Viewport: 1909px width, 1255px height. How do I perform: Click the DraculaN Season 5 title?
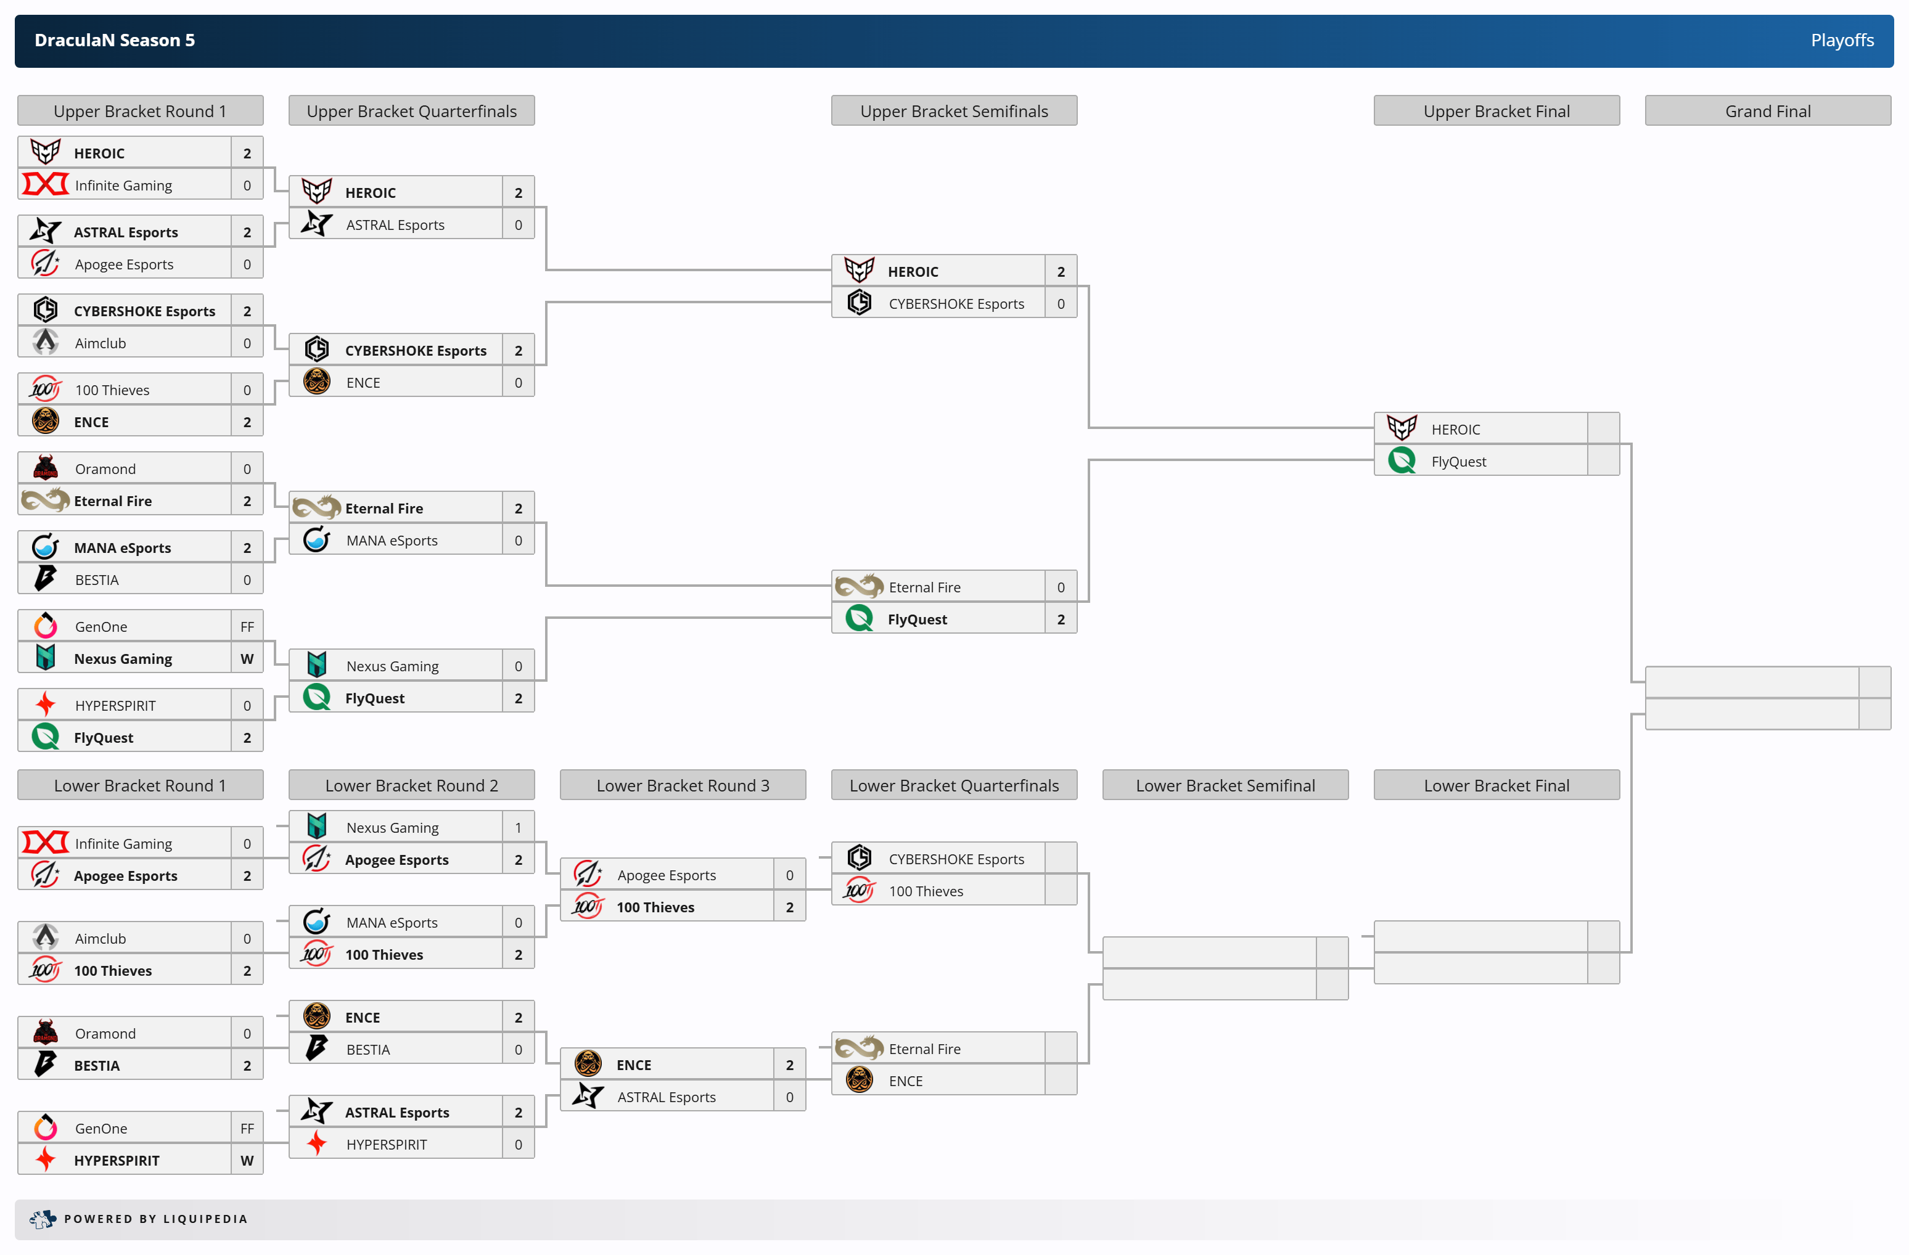point(115,40)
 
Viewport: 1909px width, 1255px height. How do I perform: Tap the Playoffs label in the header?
point(1842,40)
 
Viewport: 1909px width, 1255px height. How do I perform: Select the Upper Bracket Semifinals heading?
point(954,112)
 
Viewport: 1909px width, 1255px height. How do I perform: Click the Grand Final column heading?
point(1767,112)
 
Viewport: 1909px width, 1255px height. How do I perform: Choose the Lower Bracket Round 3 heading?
point(683,786)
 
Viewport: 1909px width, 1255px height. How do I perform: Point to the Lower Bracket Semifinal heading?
point(1225,786)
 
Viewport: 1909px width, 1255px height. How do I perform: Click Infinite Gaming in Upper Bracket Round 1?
point(123,186)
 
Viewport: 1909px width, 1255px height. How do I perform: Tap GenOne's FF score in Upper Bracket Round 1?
point(247,626)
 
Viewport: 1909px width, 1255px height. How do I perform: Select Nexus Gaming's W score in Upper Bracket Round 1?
point(247,658)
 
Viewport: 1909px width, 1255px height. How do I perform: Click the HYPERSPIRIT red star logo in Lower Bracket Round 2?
point(317,1143)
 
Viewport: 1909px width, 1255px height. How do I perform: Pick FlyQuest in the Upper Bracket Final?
point(1458,461)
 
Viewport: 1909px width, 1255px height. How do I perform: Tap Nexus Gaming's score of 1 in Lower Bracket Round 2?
point(518,828)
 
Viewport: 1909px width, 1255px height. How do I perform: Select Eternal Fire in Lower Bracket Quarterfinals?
point(924,1049)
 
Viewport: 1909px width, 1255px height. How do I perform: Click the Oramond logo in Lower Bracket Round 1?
point(46,1032)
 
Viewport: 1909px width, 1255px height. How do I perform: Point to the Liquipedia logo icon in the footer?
point(43,1219)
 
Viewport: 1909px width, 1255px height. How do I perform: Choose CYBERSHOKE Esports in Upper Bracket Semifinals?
point(956,304)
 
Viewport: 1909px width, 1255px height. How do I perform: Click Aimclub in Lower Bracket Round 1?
point(101,938)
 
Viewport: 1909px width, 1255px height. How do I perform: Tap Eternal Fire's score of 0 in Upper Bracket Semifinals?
point(1061,587)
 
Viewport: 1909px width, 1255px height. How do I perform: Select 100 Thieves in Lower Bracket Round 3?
point(655,907)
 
